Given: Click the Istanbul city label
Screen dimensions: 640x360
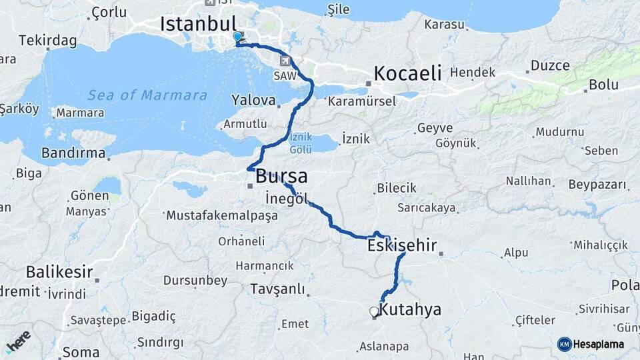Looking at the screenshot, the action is click(x=199, y=24).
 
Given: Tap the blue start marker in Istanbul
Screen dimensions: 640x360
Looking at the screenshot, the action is click(x=237, y=37).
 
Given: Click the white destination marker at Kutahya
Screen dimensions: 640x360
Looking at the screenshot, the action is click(x=374, y=311).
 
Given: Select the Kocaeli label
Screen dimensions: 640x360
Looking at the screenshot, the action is click(x=408, y=73).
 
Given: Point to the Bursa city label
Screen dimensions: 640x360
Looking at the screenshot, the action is click(x=282, y=177).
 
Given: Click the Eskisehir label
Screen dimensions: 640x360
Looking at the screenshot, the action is click(x=402, y=246).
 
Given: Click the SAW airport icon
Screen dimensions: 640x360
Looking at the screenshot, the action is click(x=287, y=61).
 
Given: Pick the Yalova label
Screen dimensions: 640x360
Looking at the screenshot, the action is click(x=253, y=101).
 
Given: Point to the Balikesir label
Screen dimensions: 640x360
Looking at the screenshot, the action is click(x=59, y=272).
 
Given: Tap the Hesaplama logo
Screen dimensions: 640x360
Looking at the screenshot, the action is click(x=591, y=344).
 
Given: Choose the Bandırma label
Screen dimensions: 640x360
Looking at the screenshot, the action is click(x=73, y=153).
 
